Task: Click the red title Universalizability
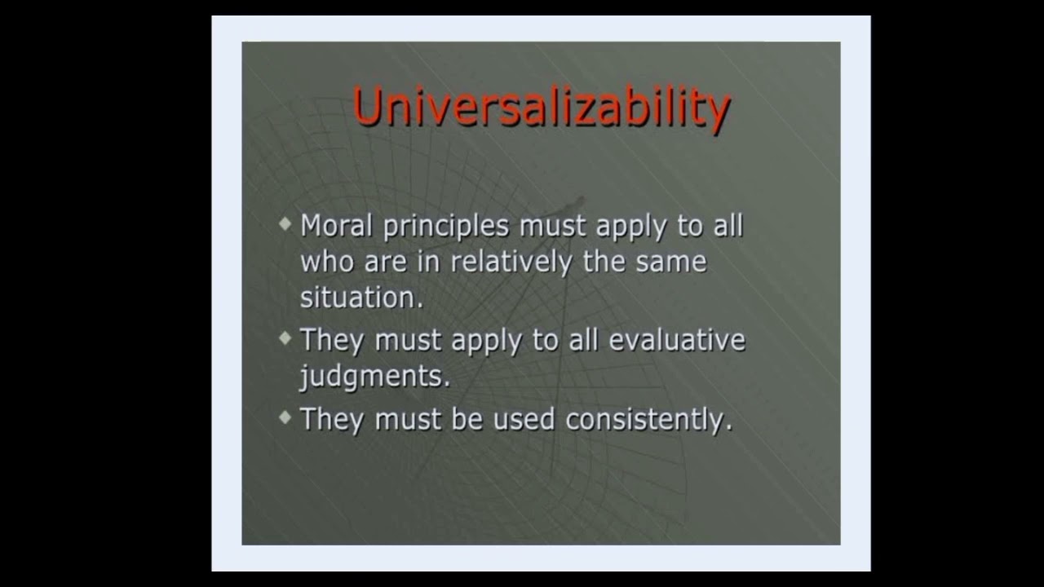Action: pyautogui.click(x=542, y=108)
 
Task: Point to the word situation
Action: pyautogui.click(x=361, y=298)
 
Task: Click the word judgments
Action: pyautogui.click(x=374, y=377)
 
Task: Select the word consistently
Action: pyautogui.click(x=648, y=419)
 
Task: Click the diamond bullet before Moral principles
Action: pyautogui.click(x=285, y=223)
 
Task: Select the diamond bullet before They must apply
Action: pyautogui.click(x=285, y=337)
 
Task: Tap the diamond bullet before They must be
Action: pyautogui.click(x=285, y=417)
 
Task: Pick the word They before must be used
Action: pyautogui.click(x=333, y=419)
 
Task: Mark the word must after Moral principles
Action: pyautogui.click(x=554, y=226)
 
